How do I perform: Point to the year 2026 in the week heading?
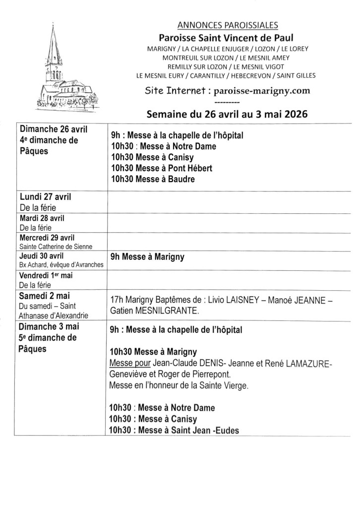(x=295, y=113)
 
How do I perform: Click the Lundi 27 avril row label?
(x=46, y=196)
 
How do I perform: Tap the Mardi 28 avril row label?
(x=42, y=218)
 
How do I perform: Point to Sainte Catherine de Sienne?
(x=56, y=246)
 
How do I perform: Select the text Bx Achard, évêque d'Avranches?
(x=61, y=264)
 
